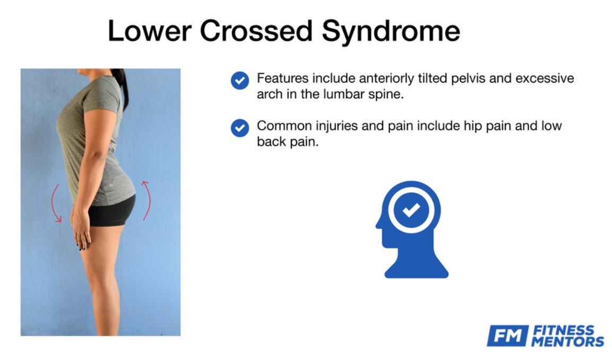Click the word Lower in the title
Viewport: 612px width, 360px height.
150,31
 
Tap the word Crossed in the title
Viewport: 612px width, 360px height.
256,31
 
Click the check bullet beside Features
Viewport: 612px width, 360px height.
239,80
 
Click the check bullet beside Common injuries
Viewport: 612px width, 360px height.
239,128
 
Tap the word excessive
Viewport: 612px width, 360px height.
545,78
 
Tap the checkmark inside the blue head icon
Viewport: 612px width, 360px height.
411,210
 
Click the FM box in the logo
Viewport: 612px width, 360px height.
507,336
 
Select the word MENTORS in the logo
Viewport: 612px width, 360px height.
567,341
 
